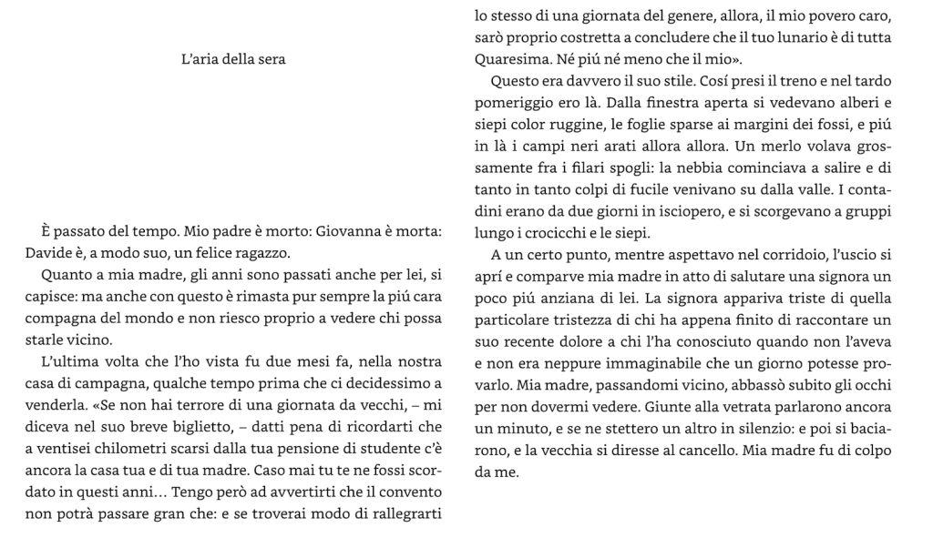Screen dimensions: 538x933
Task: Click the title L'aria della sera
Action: (x=234, y=60)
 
